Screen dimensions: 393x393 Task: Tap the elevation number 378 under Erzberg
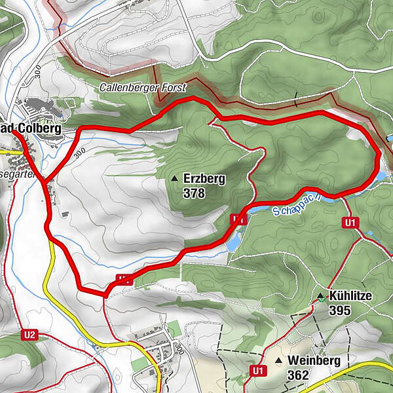(x=195, y=193)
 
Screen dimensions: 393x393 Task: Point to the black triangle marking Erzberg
(x=174, y=178)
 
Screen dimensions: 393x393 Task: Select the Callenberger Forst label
(x=143, y=87)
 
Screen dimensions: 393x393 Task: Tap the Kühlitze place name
(x=351, y=296)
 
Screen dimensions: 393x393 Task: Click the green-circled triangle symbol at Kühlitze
(x=320, y=297)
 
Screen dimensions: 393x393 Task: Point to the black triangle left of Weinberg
(x=278, y=361)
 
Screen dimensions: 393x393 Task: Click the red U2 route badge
(x=29, y=335)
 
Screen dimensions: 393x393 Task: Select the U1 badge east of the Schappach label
(x=351, y=223)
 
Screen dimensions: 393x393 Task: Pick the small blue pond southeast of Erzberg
(x=233, y=242)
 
